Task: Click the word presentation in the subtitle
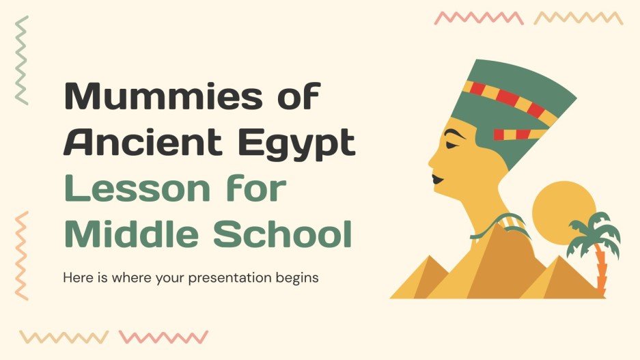click(x=244, y=279)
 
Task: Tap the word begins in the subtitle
click(x=301, y=279)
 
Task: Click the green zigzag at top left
click(x=23, y=60)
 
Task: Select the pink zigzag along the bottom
click(x=163, y=337)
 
